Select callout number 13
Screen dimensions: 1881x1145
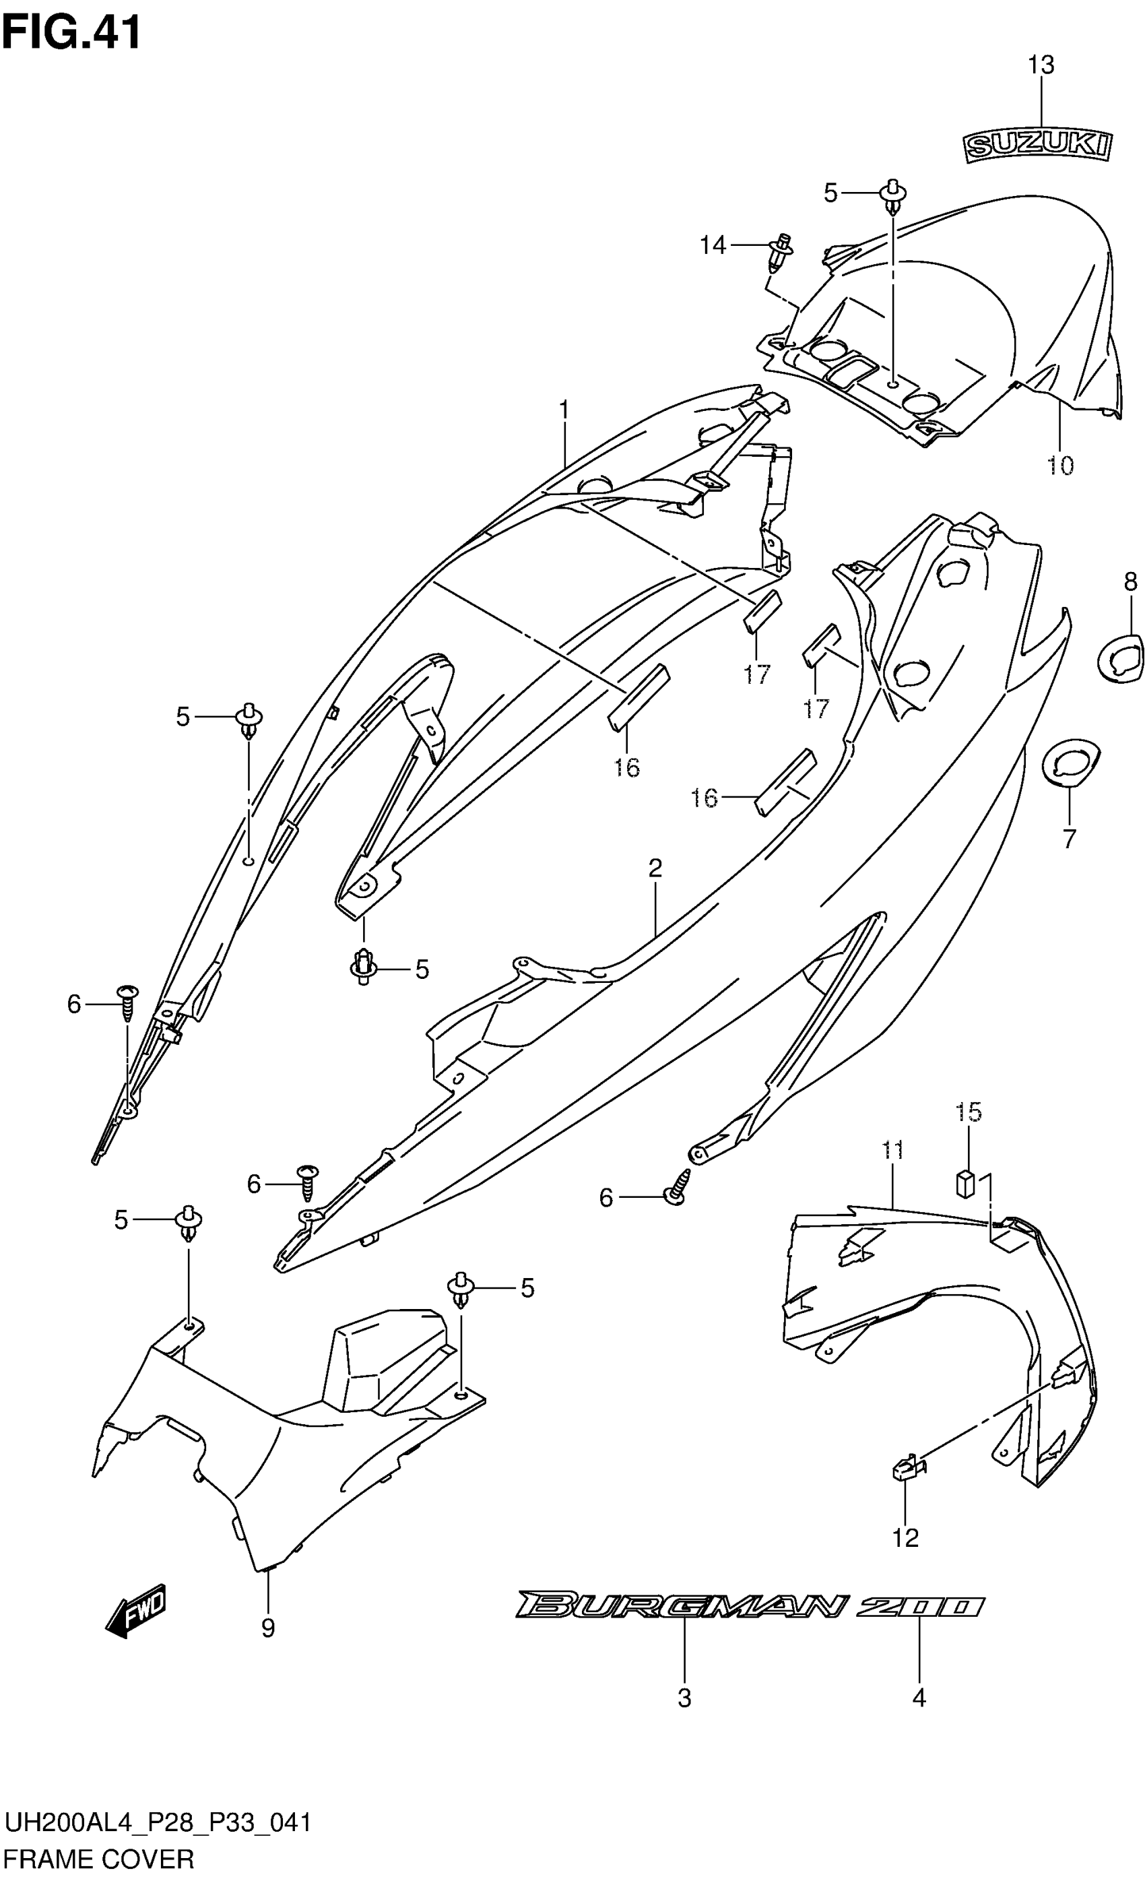tap(1041, 65)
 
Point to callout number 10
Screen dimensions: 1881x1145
tap(1060, 465)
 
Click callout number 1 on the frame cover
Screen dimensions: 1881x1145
tap(564, 411)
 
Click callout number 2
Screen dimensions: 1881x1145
tap(655, 868)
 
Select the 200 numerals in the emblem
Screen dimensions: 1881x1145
tap(919, 1606)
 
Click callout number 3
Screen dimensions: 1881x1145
tap(684, 1698)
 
